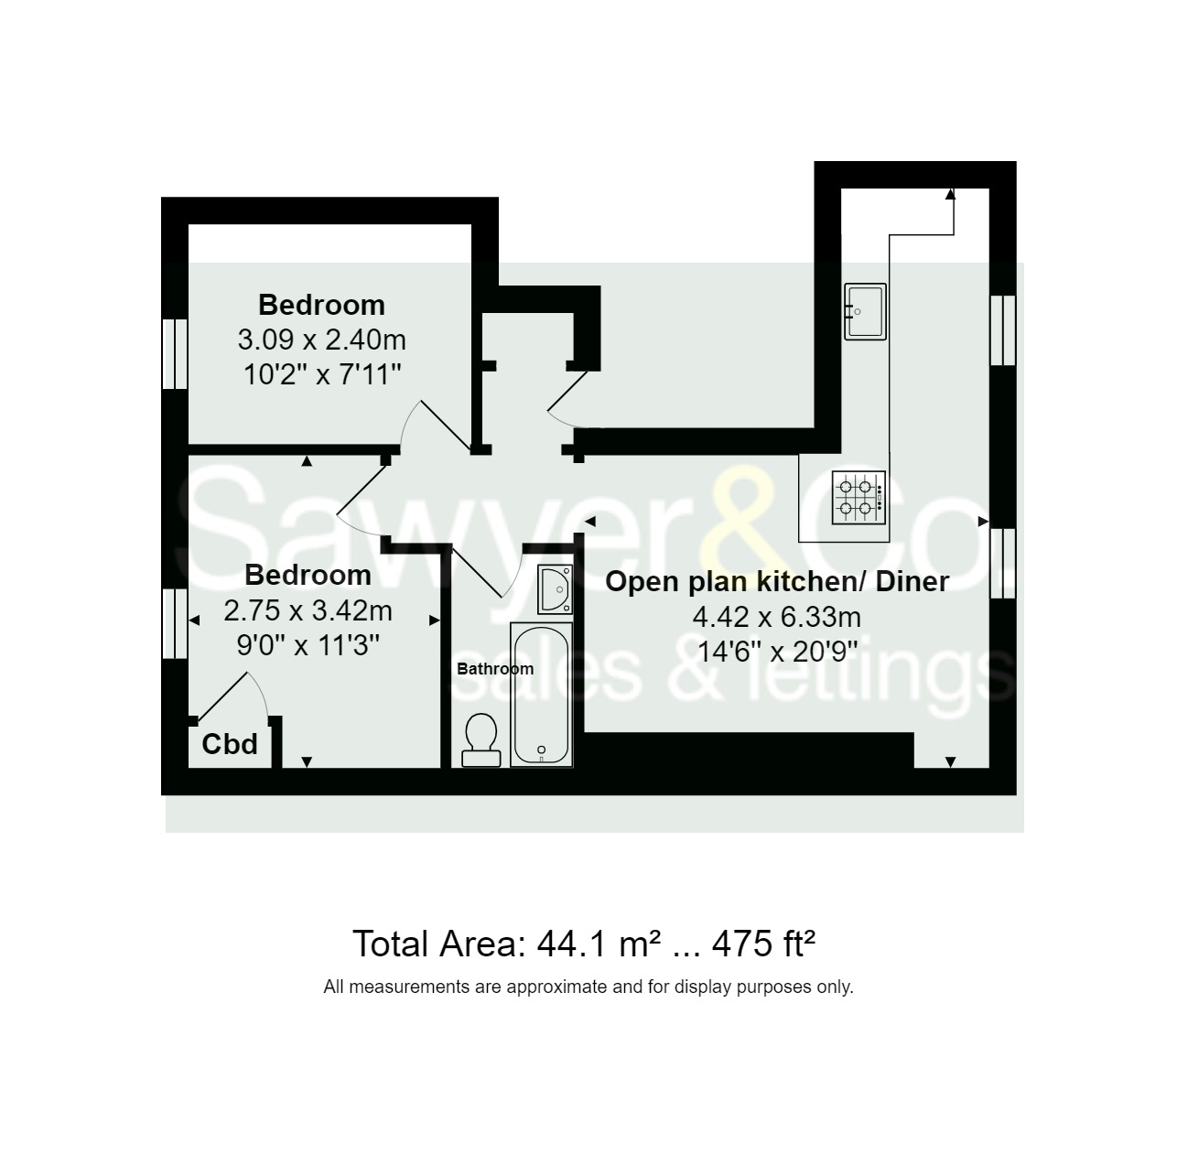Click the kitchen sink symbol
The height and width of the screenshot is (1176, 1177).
click(864, 311)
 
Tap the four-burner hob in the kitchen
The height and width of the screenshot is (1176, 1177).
click(858, 497)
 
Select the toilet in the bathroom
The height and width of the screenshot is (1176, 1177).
click(481, 739)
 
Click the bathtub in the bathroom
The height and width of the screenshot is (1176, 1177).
click(541, 695)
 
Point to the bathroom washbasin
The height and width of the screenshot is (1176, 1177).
click(556, 589)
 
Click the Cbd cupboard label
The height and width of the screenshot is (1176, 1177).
click(229, 744)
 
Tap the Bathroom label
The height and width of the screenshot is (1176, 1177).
click(495, 669)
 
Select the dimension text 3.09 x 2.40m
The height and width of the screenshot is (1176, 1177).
click(322, 340)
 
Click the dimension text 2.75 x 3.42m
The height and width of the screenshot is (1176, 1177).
click(308, 611)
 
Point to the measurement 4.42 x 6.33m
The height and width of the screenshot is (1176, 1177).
click(776, 617)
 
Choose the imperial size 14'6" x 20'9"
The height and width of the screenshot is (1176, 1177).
click(777, 652)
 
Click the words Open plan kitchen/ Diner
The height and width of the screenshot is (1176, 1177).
click(777, 581)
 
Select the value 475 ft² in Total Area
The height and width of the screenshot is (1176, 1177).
click(763, 944)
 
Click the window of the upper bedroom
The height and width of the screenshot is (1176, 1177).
click(175, 354)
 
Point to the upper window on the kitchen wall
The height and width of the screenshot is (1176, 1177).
click(1003, 329)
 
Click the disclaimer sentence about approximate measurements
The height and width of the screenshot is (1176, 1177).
click(588, 987)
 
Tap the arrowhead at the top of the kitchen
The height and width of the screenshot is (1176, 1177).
click(950, 194)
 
